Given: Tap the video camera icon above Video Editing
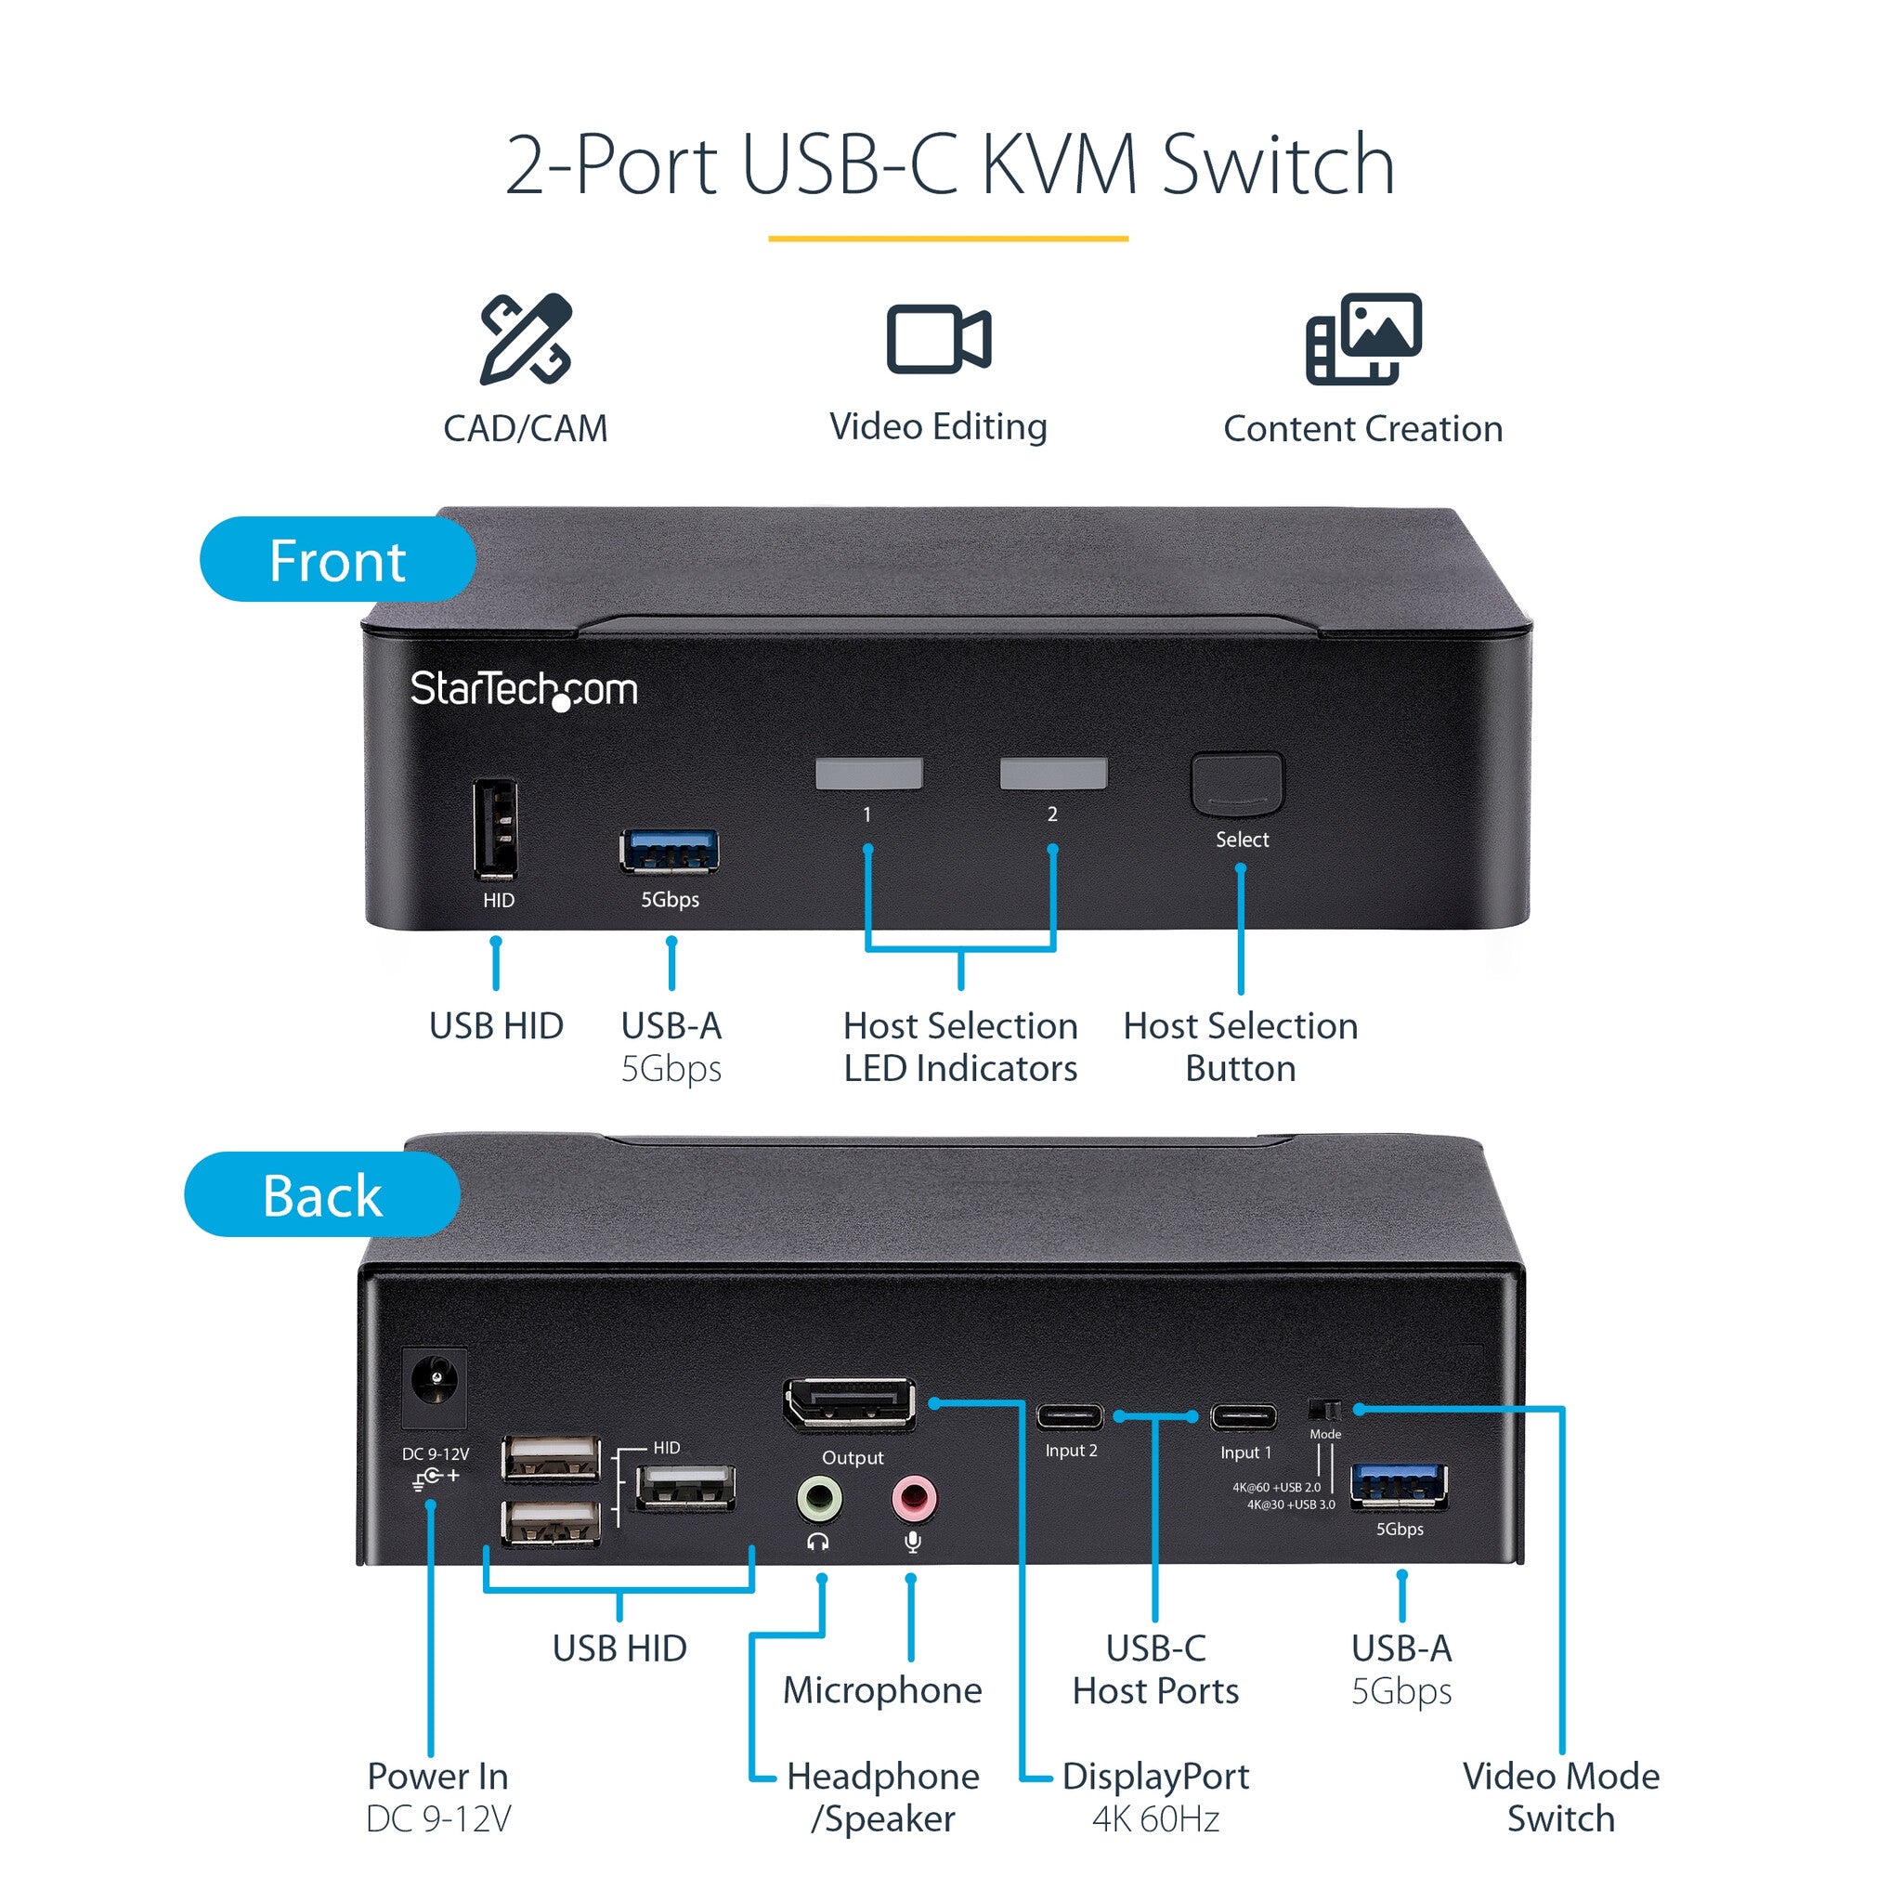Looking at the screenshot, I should (x=938, y=339).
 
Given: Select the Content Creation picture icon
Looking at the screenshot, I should (x=1362, y=338).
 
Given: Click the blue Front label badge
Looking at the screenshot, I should (x=337, y=560).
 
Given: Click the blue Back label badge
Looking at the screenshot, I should (x=322, y=1195).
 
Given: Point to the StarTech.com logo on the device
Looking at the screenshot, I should (x=524, y=688).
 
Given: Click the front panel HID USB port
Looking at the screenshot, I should (x=495, y=830).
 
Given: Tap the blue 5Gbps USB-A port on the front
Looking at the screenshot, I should (x=670, y=851).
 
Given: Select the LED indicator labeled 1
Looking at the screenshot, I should (x=868, y=774).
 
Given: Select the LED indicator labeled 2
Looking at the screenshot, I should (x=1053, y=774).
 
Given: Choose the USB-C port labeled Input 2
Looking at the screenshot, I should (x=1070, y=1416).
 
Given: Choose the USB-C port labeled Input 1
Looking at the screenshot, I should (x=1244, y=1416).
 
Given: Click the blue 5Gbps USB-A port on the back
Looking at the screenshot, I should (x=1399, y=1486).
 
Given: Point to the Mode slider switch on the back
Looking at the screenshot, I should (x=1325, y=1409).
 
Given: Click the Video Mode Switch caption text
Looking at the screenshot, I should (x=1560, y=1797).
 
